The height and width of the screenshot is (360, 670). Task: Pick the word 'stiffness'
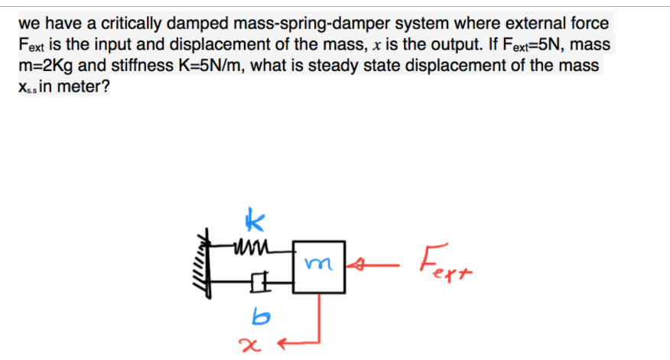[x=138, y=65]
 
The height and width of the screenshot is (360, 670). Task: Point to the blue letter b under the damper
[x=258, y=314]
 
